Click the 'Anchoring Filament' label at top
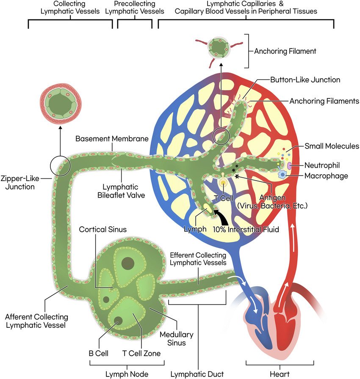285,52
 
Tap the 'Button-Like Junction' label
305,79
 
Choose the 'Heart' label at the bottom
280,374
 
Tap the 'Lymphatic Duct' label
198,374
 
